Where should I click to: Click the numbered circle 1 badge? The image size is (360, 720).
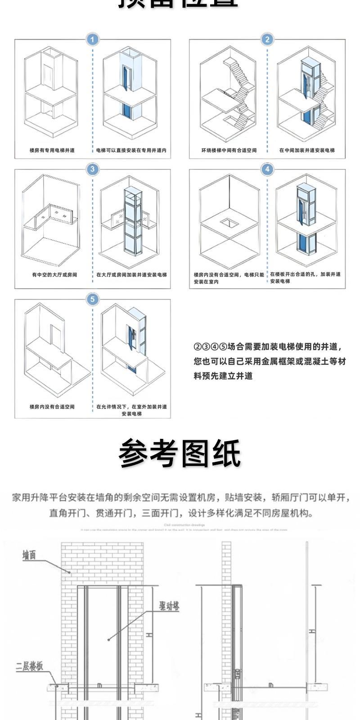click(92, 40)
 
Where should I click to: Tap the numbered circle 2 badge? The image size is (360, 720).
click(267, 40)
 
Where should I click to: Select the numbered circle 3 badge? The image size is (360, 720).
click(92, 169)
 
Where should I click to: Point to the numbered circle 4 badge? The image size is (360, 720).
click(267, 169)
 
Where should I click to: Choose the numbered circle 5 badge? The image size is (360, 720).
click(92, 299)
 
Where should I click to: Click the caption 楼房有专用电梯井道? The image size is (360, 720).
click(52, 150)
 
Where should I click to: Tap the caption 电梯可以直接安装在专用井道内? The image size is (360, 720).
click(131, 150)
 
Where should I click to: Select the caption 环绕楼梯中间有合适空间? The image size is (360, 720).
click(229, 150)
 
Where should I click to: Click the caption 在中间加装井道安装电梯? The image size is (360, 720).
click(306, 150)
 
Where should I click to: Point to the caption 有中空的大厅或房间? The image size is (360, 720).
click(54, 274)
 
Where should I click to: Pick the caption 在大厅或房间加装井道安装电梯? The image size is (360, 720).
click(131, 274)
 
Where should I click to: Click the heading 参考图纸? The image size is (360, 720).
click(180, 453)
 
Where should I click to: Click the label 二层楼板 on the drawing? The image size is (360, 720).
click(30, 666)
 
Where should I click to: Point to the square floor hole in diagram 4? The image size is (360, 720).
click(229, 222)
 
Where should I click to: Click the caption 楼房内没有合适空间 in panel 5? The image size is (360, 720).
click(52, 407)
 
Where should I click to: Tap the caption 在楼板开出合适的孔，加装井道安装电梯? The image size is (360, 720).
click(305, 277)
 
